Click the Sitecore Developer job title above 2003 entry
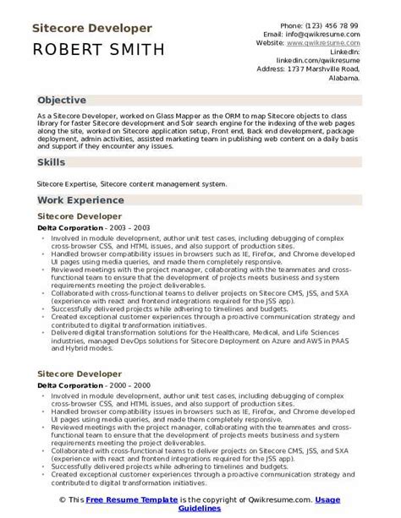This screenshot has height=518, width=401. [79, 218]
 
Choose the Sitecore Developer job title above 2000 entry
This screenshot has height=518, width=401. [79, 374]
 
